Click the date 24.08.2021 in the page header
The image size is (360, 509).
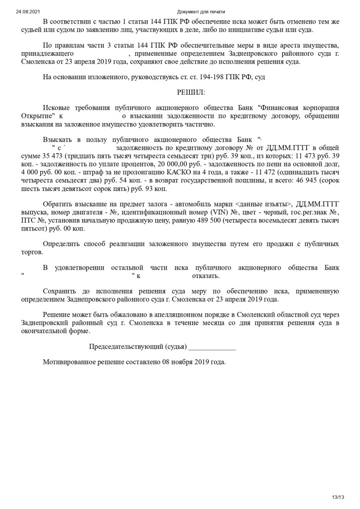click(26, 11)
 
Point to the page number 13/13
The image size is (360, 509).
click(338, 497)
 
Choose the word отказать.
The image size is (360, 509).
click(205, 276)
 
